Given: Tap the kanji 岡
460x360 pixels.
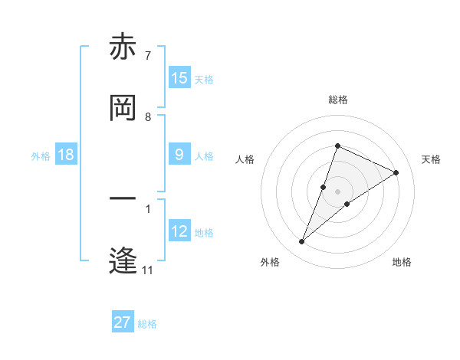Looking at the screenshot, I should tap(123, 108).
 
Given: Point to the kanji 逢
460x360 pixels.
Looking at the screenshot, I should tap(123, 261).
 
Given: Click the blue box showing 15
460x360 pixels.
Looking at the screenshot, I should tap(179, 78).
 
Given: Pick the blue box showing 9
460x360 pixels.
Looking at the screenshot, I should tap(179, 155).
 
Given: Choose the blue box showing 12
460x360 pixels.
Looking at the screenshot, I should tap(179, 231).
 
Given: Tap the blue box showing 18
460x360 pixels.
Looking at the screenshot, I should tap(66, 155).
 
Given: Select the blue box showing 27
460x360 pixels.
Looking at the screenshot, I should tap(123, 322).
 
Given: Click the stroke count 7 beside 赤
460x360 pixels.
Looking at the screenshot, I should tap(148, 56).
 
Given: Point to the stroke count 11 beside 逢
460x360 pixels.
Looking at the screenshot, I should tap(148, 270).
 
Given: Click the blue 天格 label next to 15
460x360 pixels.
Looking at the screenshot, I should tap(204, 79).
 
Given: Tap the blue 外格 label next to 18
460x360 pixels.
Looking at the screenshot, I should tap(41, 155).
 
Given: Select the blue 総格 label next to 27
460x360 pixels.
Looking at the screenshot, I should tap(147, 323).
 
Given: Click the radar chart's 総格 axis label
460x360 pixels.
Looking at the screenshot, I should tap(338, 100).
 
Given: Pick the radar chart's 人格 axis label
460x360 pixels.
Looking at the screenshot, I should tap(245, 159).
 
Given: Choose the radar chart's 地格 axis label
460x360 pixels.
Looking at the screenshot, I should tap(402, 262).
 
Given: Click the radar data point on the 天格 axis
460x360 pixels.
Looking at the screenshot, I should tap(396, 172).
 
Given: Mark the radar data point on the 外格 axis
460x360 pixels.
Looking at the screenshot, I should tap(302, 242).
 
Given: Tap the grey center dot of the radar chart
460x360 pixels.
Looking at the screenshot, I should tap(338, 191).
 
